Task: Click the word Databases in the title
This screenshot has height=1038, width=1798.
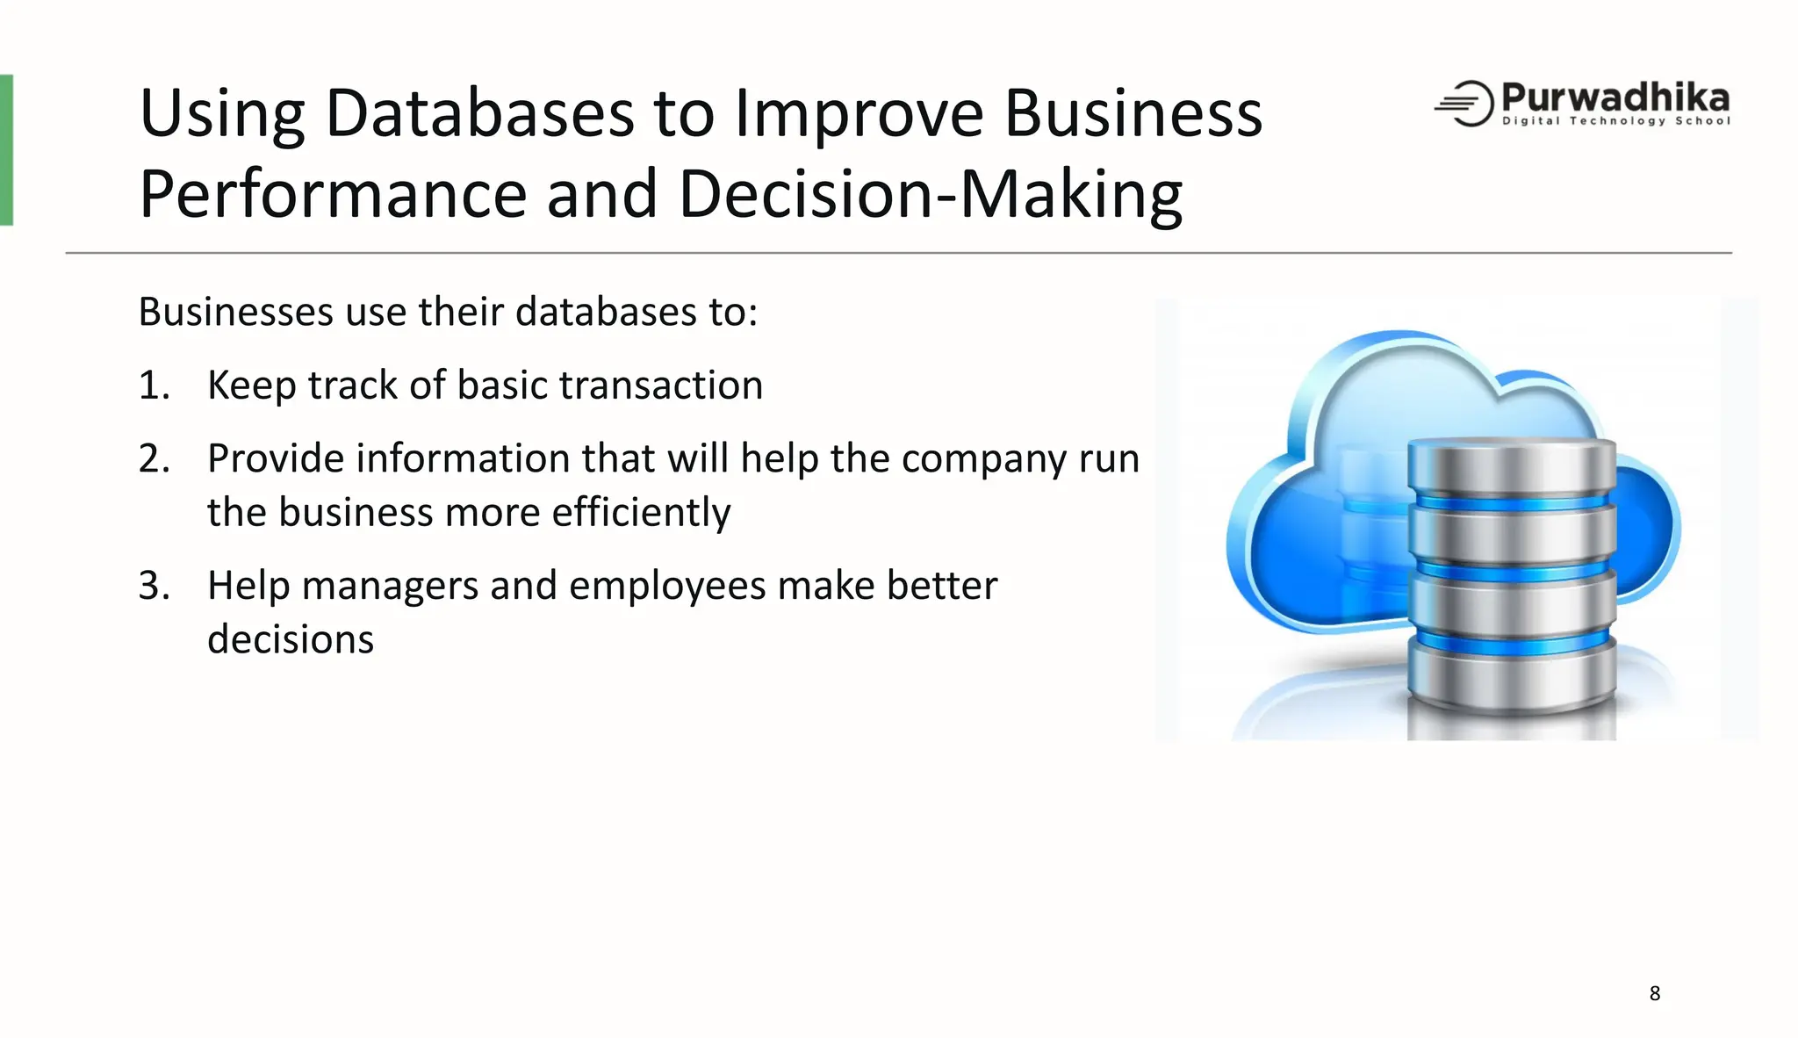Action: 479,114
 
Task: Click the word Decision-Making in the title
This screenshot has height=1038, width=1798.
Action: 930,195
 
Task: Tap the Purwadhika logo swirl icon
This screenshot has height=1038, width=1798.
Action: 1465,104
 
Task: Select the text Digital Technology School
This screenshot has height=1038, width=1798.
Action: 1615,121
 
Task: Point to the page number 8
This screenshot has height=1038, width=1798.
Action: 1654,993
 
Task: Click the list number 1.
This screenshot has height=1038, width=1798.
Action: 154,386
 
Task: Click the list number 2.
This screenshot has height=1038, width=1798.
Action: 154,459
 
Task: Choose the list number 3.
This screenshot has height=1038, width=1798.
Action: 154,586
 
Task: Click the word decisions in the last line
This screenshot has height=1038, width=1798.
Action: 291,639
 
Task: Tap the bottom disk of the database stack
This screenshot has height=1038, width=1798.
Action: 1511,681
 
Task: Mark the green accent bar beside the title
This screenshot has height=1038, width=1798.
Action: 6,150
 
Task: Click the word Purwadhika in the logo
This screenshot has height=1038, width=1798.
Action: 1615,97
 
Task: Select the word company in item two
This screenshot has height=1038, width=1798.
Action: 983,459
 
